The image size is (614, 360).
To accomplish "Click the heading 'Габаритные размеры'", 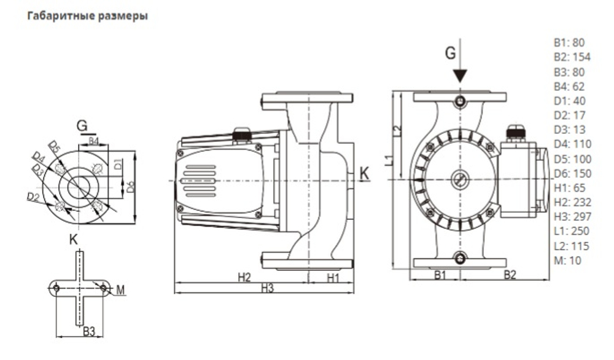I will tap(87, 15).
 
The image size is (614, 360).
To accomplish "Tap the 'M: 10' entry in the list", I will tap(567, 260).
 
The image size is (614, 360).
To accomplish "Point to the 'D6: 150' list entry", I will tap(570, 173).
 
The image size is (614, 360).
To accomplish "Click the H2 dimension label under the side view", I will tap(244, 277).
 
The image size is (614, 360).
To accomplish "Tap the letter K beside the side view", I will tap(364, 174).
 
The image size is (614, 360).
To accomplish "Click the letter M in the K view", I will tap(120, 289).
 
